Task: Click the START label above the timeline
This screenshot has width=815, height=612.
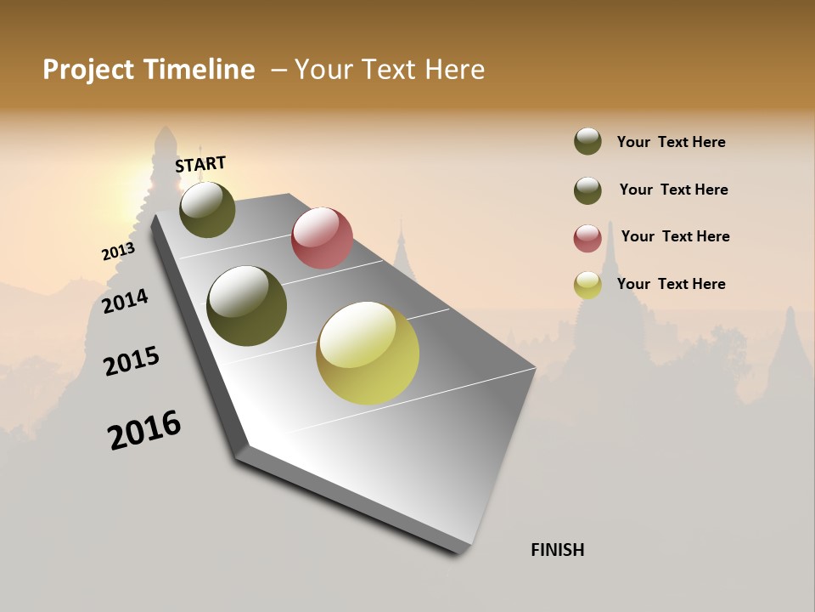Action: [x=200, y=164]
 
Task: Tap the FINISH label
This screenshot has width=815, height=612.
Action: [x=557, y=550]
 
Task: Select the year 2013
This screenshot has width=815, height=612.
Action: [x=118, y=252]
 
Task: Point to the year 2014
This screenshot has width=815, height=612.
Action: [x=126, y=301]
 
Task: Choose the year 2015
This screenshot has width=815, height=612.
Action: [x=132, y=361]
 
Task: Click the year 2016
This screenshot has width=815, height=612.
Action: [x=144, y=430]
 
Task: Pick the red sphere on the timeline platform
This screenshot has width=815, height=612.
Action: [x=322, y=238]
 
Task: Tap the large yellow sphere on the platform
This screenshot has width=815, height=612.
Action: [x=368, y=353]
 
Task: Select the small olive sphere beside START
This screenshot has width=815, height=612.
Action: [x=207, y=209]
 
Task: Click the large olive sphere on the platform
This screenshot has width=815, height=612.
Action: [x=247, y=306]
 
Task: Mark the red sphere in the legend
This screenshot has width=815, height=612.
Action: [x=587, y=237]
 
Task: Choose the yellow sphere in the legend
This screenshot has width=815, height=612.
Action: [x=587, y=285]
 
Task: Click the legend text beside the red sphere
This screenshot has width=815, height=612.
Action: [x=675, y=236]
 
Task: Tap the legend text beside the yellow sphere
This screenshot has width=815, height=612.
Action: [x=671, y=284]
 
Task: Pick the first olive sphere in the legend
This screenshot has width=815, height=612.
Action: [x=587, y=141]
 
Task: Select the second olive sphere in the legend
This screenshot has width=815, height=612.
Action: [x=587, y=190]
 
